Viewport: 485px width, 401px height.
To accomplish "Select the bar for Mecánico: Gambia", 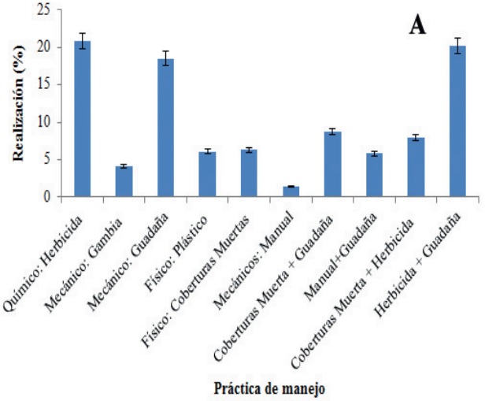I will (124, 181).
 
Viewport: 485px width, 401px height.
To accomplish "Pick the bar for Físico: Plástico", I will (207, 174).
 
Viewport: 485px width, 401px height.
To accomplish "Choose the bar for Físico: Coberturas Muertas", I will (249, 173).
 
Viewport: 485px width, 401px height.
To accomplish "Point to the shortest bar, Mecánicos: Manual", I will (291, 191).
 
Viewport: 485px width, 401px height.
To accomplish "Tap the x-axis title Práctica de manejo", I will (272, 387).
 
